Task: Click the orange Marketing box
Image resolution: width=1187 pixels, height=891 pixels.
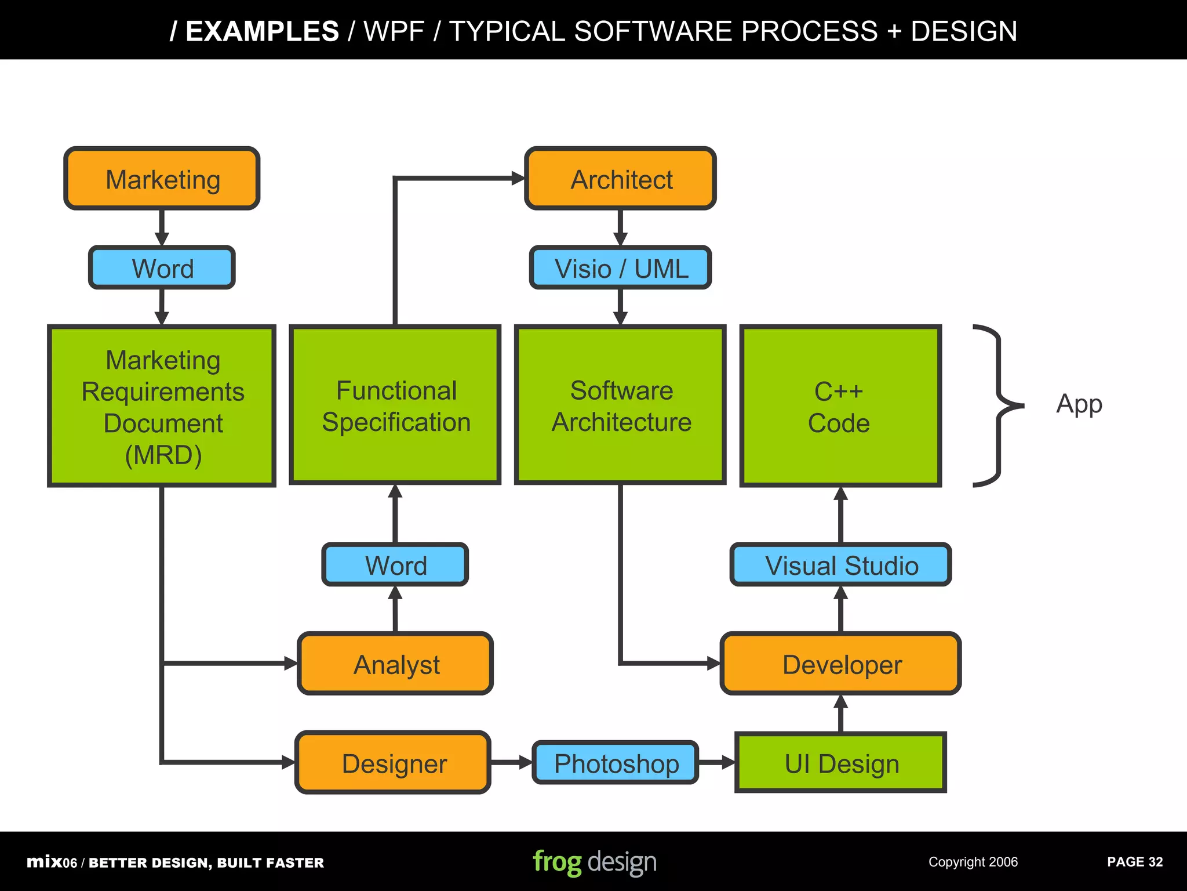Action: [162, 179]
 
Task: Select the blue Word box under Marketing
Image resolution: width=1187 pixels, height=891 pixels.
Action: [162, 268]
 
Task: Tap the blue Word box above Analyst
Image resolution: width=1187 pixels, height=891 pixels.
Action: [395, 564]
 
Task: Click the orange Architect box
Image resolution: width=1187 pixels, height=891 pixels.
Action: [620, 179]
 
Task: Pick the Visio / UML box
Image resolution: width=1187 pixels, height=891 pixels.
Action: [620, 268]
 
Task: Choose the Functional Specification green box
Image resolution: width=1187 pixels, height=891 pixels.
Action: [395, 405]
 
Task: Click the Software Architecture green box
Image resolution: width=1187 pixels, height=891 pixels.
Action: [620, 405]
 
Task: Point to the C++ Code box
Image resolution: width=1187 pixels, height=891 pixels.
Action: [840, 405]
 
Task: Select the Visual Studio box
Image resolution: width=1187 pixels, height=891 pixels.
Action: [840, 564]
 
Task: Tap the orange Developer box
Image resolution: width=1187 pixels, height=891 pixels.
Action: [840, 664]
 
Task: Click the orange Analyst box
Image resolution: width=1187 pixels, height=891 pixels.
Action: [395, 664]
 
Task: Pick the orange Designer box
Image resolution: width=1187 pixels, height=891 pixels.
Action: [393, 762]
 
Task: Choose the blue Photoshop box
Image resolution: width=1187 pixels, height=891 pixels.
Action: [615, 762]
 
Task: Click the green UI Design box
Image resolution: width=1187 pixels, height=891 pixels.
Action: [840, 762]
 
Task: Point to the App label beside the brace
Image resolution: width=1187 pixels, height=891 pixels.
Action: [1079, 404]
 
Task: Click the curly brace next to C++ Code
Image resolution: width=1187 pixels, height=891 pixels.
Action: [998, 405]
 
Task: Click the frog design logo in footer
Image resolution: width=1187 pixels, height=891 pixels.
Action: [595, 862]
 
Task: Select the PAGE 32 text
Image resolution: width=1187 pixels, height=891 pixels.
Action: [1134, 862]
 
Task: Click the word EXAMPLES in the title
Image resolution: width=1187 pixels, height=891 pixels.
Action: [262, 31]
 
